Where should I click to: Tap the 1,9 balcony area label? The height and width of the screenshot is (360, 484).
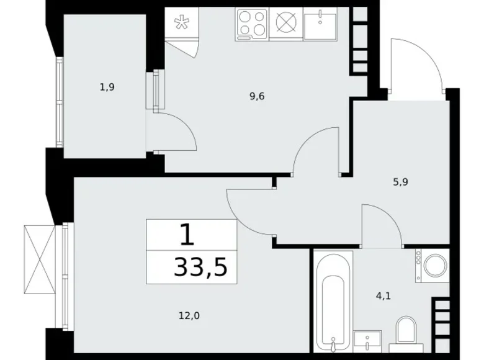(107, 88)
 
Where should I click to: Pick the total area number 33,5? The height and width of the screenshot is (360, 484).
(200, 268)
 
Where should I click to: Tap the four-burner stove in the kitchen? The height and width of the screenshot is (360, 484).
(251, 25)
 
